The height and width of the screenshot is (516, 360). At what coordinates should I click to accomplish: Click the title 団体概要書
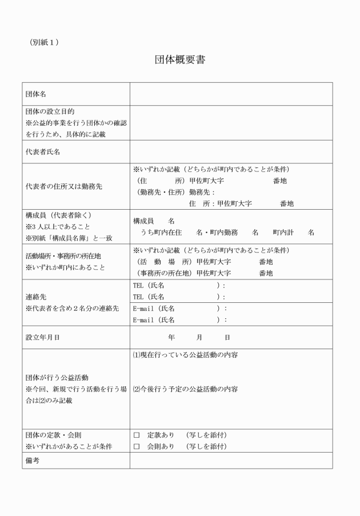click(180, 59)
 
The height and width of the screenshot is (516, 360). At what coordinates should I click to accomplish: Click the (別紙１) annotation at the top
click(44, 42)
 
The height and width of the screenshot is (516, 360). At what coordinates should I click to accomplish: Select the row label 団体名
click(35, 94)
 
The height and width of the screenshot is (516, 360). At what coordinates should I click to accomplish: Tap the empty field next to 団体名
click(231, 94)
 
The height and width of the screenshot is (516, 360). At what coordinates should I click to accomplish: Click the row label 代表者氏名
click(43, 152)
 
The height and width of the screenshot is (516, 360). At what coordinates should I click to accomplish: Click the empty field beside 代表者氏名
click(231, 152)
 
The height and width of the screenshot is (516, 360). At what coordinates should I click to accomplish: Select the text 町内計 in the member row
click(282, 233)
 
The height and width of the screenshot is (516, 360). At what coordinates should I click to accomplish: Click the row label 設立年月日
click(43, 338)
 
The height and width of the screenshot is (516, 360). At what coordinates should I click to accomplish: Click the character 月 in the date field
click(199, 338)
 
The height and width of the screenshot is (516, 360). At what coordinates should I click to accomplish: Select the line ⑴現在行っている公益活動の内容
click(185, 355)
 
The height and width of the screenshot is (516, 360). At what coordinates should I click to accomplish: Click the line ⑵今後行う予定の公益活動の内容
click(185, 389)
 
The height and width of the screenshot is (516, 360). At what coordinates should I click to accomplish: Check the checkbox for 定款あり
click(137, 435)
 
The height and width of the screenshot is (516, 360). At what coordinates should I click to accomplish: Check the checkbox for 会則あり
click(137, 446)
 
